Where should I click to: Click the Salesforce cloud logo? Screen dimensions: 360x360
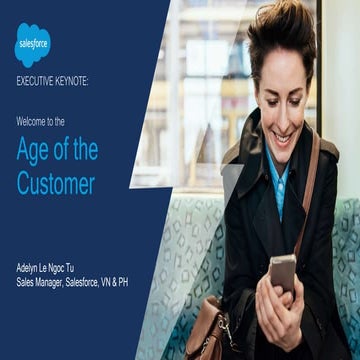32,44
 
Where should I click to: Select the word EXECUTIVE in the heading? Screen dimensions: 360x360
37,82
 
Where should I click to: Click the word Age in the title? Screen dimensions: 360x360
33,151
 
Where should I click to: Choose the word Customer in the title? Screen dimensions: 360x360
56,183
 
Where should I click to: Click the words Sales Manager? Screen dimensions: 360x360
46,283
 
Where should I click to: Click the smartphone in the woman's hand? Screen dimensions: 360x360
283,271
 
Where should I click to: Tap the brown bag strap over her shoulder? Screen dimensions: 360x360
311,190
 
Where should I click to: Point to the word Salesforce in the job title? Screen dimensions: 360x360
96,283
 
